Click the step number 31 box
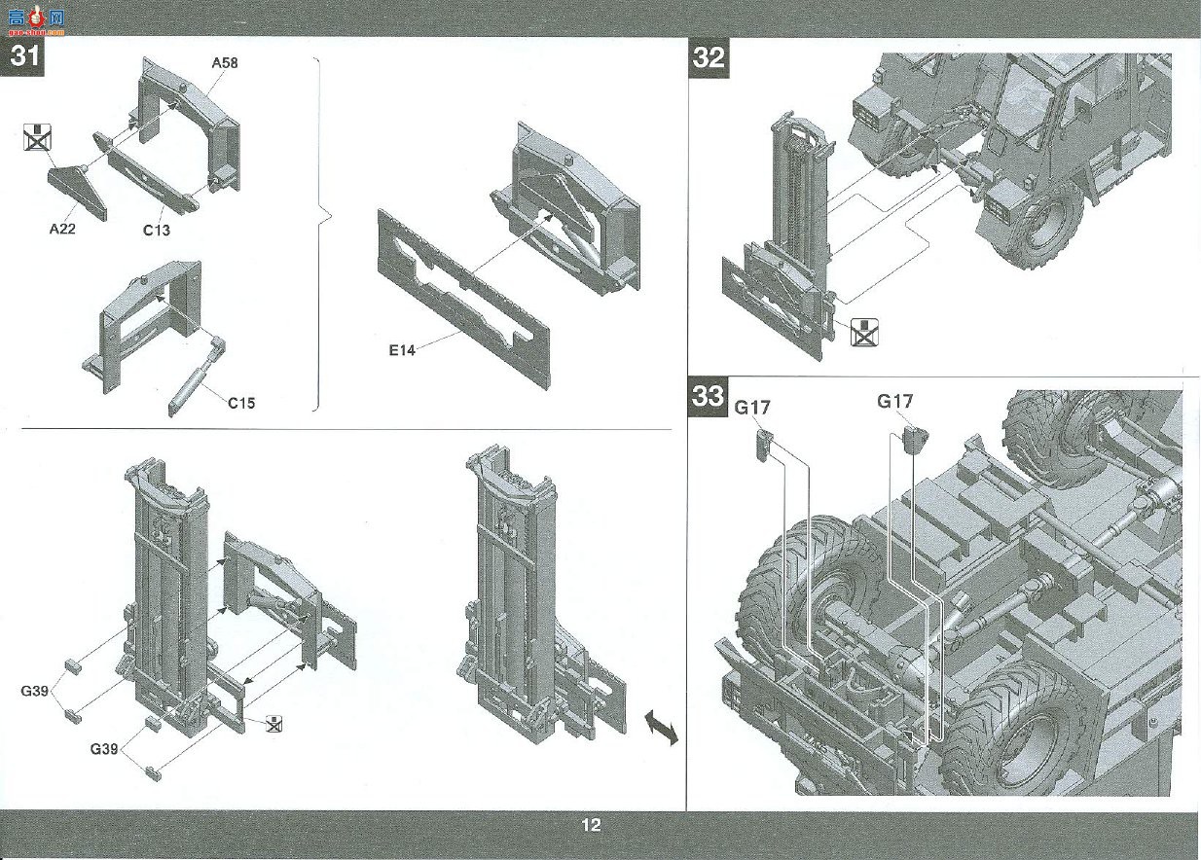[x=22, y=55]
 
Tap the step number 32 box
[x=709, y=57]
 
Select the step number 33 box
[x=709, y=397]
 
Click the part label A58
[x=225, y=62]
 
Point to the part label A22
[x=62, y=229]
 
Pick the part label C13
[x=156, y=230]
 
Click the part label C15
[x=241, y=403]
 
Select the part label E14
[x=402, y=350]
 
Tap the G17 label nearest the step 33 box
[x=751, y=408]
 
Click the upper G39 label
[x=34, y=691]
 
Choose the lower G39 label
[x=103, y=748]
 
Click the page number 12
[x=591, y=825]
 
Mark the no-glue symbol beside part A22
[x=38, y=136]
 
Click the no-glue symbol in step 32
[x=864, y=332]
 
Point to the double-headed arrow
[x=661, y=727]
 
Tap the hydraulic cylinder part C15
[x=196, y=376]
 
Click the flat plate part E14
[x=463, y=299]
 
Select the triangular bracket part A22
[x=78, y=192]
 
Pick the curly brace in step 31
[x=323, y=234]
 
